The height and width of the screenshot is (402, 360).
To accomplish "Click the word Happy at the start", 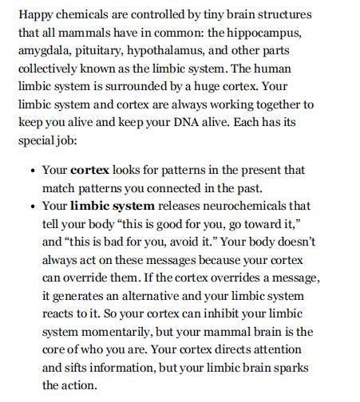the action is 35,15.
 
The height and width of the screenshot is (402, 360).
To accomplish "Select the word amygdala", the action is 46,52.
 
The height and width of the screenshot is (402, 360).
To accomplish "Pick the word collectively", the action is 50,69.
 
